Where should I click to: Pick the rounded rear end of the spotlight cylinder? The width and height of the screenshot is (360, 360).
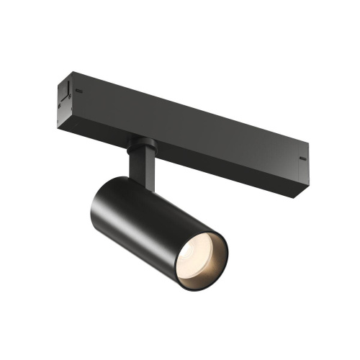tap(99, 194)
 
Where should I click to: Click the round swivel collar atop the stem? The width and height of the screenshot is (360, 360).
tap(138, 144)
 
